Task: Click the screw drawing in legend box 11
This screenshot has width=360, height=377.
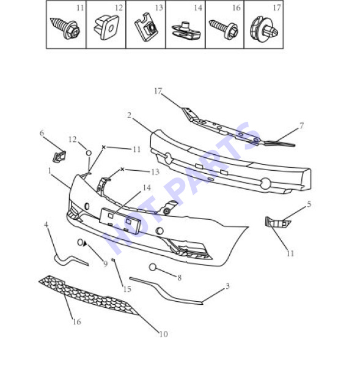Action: pos(65,28)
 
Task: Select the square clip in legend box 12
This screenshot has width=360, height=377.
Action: pos(106,27)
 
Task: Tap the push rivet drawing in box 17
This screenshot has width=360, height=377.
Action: pos(264,29)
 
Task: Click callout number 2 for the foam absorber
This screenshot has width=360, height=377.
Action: pos(129,116)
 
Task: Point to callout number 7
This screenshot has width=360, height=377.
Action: pos(302,125)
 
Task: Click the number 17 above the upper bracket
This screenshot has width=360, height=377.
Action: pos(158,91)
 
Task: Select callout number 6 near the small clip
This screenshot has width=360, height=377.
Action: pos(42,133)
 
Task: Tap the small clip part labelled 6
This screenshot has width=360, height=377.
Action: pos(59,156)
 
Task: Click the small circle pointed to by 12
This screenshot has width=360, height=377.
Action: pos(89,153)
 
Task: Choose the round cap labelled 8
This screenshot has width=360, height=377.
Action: pos(153,267)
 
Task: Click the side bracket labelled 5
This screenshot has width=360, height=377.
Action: pos(277,222)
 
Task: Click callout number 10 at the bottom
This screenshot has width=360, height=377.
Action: pos(164,334)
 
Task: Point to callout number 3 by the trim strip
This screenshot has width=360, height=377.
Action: pos(227,286)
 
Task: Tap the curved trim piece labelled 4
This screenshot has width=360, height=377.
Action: pos(70,260)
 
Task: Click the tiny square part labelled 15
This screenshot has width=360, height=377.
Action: pos(113,259)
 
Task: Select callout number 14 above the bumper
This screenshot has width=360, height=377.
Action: pos(147,187)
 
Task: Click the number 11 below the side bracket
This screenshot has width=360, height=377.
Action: pos(290,253)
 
